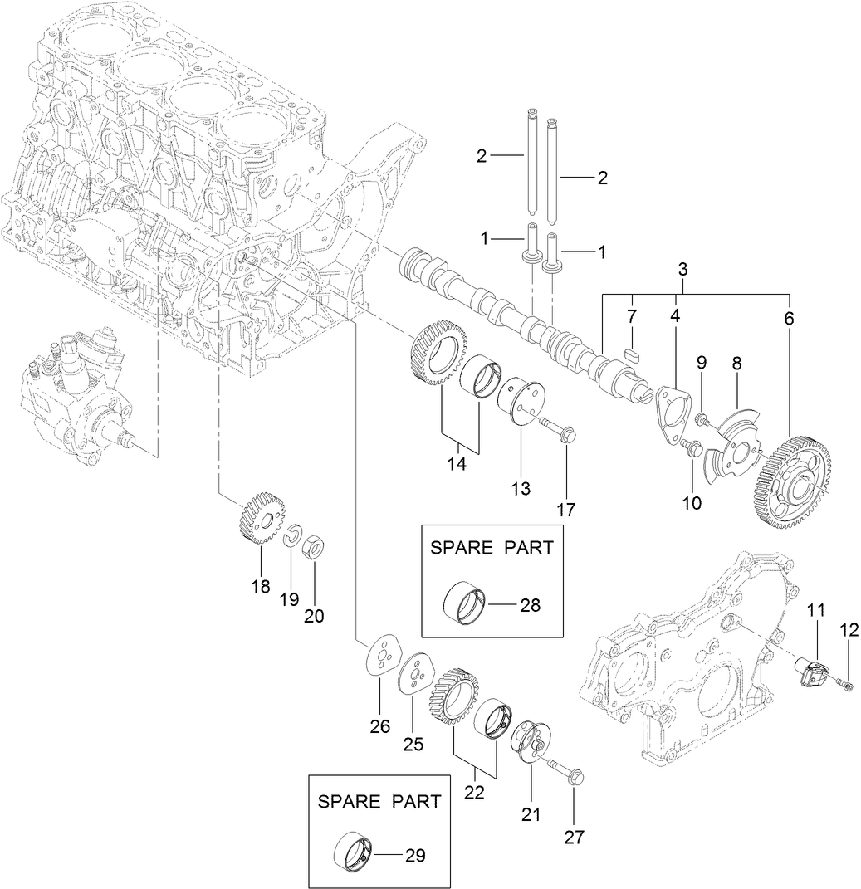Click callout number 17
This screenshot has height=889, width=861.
click(x=565, y=510)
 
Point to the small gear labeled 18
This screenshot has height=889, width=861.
click(x=256, y=518)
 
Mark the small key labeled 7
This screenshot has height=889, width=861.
click(x=630, y=350)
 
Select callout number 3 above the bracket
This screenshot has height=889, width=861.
click(x=682, y=269)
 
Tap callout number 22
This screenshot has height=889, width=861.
click(x=474, y=792)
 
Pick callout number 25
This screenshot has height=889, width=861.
click(x=413, y=744)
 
